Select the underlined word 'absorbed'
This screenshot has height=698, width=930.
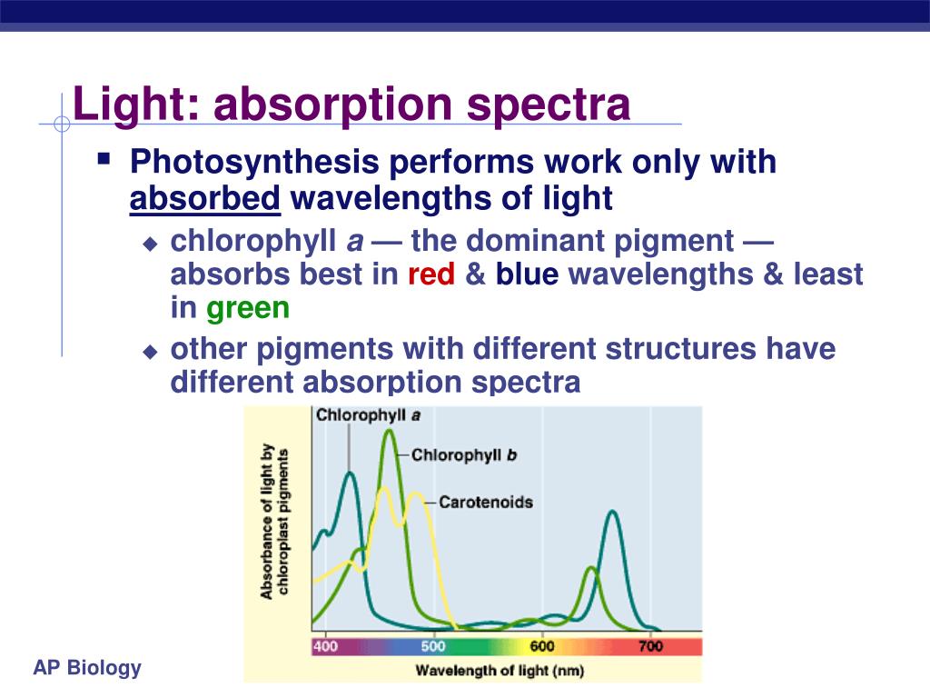point(205,197)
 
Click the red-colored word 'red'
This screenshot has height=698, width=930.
point(431,274)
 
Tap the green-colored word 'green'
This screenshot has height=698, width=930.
point(248,308)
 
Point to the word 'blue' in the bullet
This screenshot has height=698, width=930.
point(527,274)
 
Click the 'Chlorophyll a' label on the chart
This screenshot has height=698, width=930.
point(368,415)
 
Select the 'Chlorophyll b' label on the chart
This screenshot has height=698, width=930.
point(464,455)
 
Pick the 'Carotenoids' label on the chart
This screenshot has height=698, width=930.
point(485,502)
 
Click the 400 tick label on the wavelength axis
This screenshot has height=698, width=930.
point(325,646)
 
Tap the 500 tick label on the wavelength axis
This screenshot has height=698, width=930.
point(433,646)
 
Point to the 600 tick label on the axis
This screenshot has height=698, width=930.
point(542,646)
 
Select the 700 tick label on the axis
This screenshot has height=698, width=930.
point(650,646)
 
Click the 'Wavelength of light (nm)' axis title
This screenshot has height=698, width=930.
point(500,672)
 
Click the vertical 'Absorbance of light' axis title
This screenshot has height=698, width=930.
point(275,523)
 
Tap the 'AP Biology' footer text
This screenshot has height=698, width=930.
point(87,669)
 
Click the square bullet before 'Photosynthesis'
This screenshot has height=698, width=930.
point(104,159)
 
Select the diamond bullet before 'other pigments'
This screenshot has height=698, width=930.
point(151,351)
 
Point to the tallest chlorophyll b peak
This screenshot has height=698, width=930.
point(390,432)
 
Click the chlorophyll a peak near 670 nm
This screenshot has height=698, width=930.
point(614,513)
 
